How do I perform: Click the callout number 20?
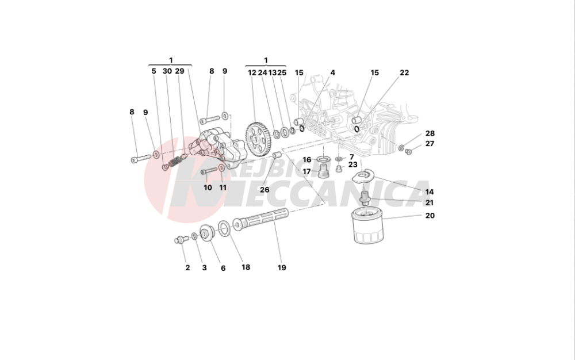click(x=430, y=216)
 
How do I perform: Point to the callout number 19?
click(x=282, y=267)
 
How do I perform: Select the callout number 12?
click(x=252, y=72)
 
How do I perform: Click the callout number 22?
click(x=404, y=72)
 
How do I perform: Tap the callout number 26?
click(x=264, y=190)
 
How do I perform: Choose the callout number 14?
click(x=430, y=192)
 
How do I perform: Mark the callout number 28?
click(x=430, y=133)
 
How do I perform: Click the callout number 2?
click(x=187, y=267)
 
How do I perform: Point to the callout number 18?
click(x=246, y=267)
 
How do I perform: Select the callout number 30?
click(x=167, y=71)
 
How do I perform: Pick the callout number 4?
click(x=332, y=72)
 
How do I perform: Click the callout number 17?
click(x=306, y=171)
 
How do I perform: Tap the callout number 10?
click(x=208, y=187)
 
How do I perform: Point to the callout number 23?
click(x=352, y=164)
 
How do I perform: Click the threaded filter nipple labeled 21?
click(x=365, y=200)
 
